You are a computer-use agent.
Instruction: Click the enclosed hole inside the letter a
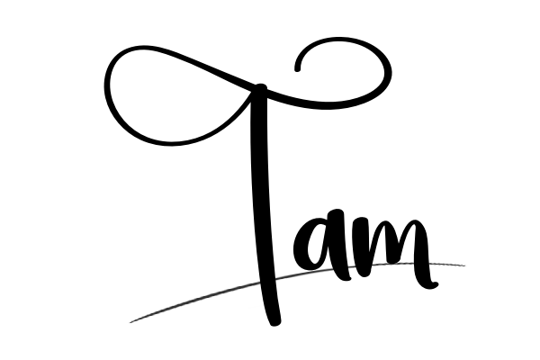pos(316,246)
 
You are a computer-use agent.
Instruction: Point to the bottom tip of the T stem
pos(274,324)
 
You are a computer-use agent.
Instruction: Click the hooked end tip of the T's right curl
pos(298,69)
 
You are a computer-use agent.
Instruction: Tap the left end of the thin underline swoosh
pos(130,322)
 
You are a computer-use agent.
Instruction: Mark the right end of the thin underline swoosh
pos(464,265)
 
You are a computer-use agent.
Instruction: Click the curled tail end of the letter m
pos(436,284)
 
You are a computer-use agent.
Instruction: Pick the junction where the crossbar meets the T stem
pos(260,89)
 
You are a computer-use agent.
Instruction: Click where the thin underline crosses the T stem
pos(267,281)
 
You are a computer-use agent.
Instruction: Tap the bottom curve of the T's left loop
pos(170,142)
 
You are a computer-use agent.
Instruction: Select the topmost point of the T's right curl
pos(339,40)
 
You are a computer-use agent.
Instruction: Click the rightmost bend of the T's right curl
pos(389,73)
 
